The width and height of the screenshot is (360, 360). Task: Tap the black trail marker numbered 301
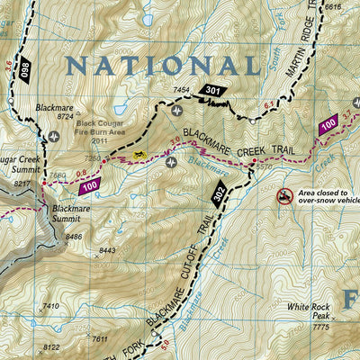(x=211, y=91)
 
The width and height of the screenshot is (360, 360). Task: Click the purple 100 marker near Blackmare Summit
(x=88, y=186)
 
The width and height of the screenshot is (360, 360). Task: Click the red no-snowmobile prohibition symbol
(x=284, y=195)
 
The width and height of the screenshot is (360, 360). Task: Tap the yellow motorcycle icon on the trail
(x=139, y=155)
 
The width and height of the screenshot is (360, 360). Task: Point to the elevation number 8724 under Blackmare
(x=64, y=116)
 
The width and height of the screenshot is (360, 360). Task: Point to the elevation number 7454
(x=183, y=91)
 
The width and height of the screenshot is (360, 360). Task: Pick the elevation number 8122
(x=52, y=347)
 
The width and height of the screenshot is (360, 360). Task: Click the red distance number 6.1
(x=268, y=106)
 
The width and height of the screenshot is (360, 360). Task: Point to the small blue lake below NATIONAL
(x=145, y=18)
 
